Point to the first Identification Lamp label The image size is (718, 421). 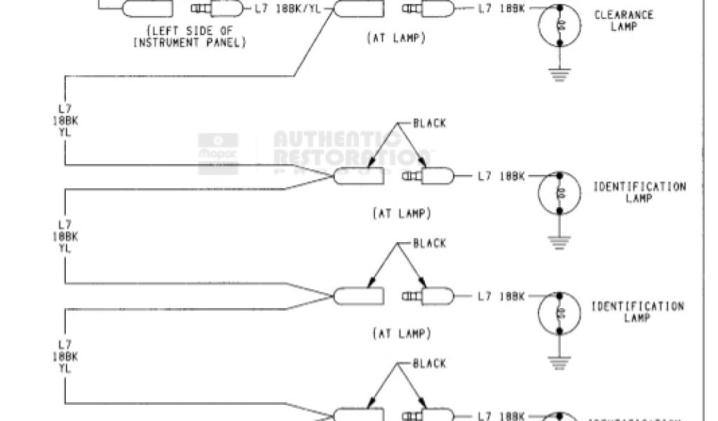point(639,192)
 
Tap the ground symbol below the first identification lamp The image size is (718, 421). point(560,243)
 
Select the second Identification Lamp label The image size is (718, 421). point(637,311)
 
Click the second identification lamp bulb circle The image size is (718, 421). point(560,312)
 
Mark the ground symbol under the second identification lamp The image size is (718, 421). point(560,363)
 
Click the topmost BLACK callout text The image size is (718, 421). point(429,123)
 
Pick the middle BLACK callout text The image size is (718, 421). point(429,243)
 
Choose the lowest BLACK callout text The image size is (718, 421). point(429,363)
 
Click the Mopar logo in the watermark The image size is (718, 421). point(209,147)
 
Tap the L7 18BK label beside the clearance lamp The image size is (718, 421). point(501,9)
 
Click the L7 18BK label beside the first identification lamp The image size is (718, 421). point(501,176)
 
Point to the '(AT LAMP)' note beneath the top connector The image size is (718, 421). point(396,39)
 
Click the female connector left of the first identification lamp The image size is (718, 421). point(359,176)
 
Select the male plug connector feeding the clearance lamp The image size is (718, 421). point(428,9)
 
